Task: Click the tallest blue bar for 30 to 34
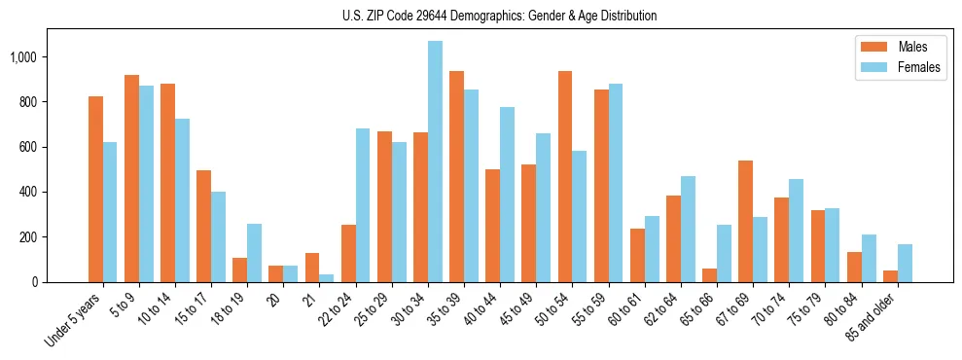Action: (x=435, y=162)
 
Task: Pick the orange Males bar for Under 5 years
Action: (x=95, y=189)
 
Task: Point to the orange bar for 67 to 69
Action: (x=746, y=221)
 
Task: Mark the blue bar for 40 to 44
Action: (x=507, y=195)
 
